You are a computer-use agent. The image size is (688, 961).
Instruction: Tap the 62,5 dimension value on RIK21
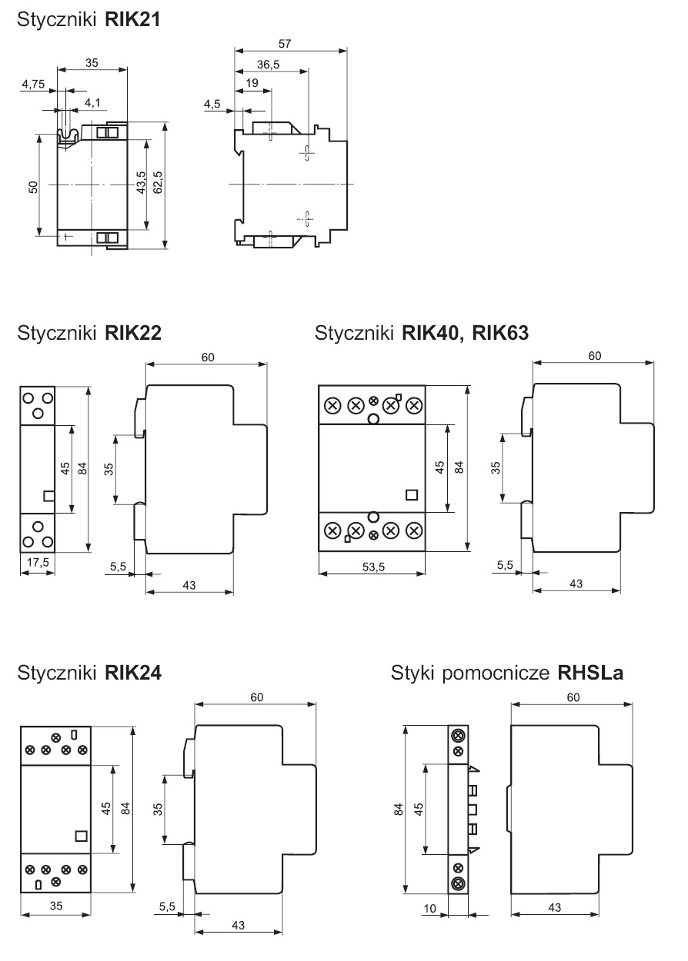pos(157,185)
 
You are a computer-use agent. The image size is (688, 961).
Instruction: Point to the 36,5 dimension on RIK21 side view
pos(269,65)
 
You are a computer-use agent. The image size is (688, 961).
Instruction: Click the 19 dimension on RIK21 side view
pos(251,83)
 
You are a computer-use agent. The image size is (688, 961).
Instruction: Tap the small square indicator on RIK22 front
pos(49,496)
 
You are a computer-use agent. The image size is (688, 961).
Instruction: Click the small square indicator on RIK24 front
pos(81,835)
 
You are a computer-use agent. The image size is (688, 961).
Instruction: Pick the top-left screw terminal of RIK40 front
pos(334,405)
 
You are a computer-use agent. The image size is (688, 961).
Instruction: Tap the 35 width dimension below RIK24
pos(56,906)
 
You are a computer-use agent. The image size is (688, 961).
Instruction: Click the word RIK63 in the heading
pos(500,334)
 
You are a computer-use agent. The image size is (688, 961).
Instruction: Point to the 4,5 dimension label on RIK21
pos(212,104)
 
